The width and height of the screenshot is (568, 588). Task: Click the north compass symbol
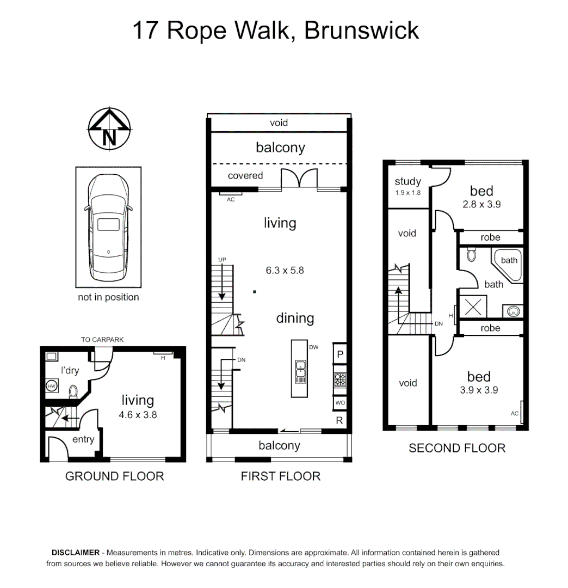click(109, 129)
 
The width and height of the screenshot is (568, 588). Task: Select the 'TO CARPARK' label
click(102, 340)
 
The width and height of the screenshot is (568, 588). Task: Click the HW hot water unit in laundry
click(52, 386)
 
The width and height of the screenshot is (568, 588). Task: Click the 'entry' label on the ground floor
click(83, 439)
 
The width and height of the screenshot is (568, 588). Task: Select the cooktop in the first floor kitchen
click(339, 379)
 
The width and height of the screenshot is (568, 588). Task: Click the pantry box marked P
click(339, 354)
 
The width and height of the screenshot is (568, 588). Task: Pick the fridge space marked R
click(339, 420)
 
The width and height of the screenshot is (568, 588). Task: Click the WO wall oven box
click(339, 403)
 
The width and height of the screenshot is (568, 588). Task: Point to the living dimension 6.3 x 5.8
click(285, 270)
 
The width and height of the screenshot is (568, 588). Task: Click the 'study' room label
click(408, 181)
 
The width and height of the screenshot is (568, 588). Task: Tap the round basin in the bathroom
click(513, 311)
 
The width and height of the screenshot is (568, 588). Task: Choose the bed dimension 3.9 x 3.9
click(479, 390)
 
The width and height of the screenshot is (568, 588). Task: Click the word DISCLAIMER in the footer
click(75, 552)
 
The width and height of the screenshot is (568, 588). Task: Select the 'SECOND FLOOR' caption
click(457, 448)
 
